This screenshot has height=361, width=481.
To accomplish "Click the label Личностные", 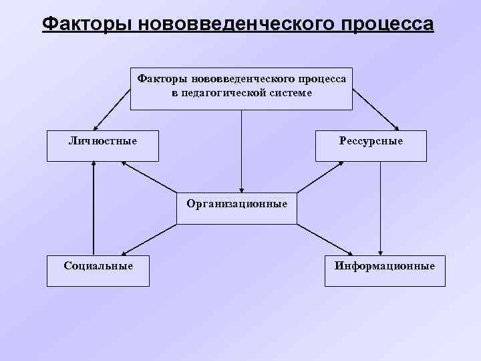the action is click(x=103, y=141).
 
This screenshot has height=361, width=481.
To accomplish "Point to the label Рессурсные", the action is click(x=371, y=141).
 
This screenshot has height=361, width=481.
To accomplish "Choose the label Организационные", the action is click(x=237, y=203).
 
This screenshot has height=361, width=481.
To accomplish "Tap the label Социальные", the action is click(x=98, y=265).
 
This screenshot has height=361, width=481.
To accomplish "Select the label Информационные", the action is click(x=385, y=265).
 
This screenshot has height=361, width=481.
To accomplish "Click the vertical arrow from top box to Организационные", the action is click(x=241, y=150).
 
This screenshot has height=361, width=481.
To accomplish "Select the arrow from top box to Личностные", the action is click(x=112, y=109).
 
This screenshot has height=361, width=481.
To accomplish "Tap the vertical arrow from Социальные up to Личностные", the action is click(x=94, y=207).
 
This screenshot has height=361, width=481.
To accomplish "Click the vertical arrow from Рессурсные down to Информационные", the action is click(x=379, y=207).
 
